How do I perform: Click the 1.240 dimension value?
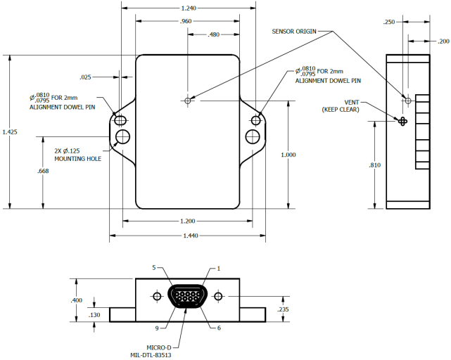pyautogui.click(x=188, y=8)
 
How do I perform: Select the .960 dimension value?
pyautogui.click(x=186, y=22)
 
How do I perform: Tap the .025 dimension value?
pyautogui.click(x=86, y=77)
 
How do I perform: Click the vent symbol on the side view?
pyautogui.click(x=403, y=121)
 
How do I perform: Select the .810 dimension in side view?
pyautogui.click(x=374, y=165)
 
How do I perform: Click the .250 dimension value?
pyautogui.click(x=388, y=22)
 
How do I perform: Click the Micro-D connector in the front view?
pyautogui.click(x=187, y=297)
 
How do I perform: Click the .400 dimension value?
pyautogui.click(x=76, y=300)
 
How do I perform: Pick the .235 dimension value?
pyautogui.click(x=283, y=309)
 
